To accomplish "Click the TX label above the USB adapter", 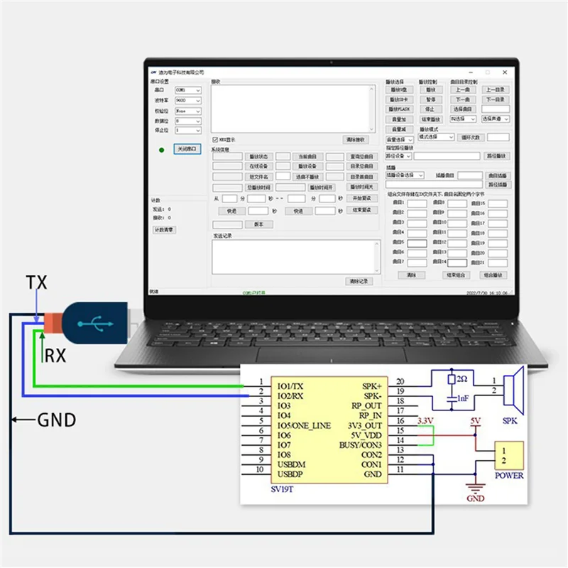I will [x=36, y=283].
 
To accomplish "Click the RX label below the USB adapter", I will [x=55, y=356].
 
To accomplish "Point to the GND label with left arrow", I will [x=56, y=420].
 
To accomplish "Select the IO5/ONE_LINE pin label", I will [x=304, y=424].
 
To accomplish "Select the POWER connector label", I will [x=509, y=476].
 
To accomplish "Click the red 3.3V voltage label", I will [x=426, y=422].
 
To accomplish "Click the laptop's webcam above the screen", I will [x=331, y=62].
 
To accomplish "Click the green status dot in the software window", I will [x=162, y=150].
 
